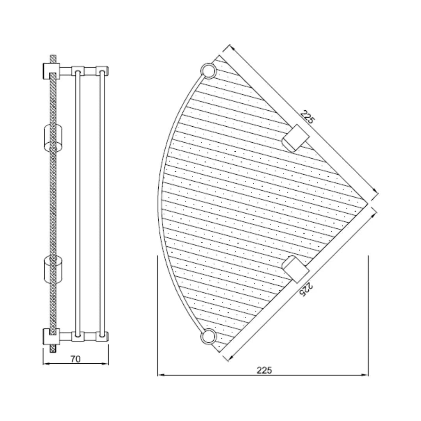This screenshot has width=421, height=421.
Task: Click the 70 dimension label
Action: [x=76, y=359]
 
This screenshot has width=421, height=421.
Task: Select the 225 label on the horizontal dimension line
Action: [x=264, y=370]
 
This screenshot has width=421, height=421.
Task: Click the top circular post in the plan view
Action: [x=208, y=71]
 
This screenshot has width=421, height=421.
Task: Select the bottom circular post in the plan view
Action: [x=208, y=337]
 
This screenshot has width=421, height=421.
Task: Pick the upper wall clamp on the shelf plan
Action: [x=295, y=138]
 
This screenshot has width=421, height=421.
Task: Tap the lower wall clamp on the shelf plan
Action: [x=295, y=269]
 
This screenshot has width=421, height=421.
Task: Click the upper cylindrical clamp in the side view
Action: [x=53, y=137]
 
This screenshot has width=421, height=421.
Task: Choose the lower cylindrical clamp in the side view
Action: [x=53, y=269]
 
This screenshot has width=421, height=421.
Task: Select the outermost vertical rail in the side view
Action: [x=102, y=203]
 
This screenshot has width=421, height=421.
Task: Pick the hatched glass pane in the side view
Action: [x=53, y=203]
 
